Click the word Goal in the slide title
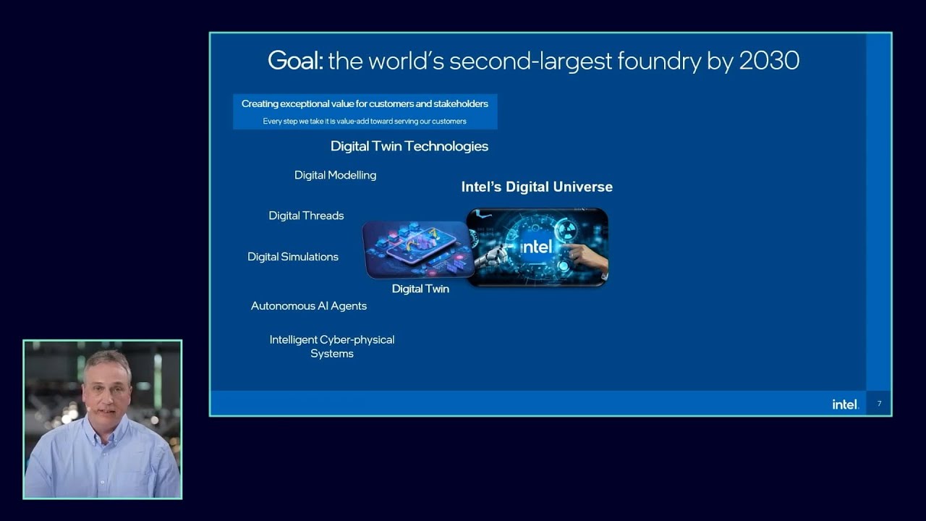click(295, 61)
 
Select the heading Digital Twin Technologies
click(409, 146)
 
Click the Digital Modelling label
click(335, 175)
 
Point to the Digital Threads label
click(306, 216)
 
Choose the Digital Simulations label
click(293, 257)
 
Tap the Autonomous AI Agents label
click(309, 306)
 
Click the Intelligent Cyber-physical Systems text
click(332, 347)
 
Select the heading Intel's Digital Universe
click(537, 187)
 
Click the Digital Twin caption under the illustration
click(420, 289)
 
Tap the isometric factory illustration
click(417, 248)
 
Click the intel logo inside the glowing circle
click(537, 247)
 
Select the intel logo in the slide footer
click(845, 404)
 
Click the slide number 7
click(879, 404)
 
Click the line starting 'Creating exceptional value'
click(365, 104)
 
